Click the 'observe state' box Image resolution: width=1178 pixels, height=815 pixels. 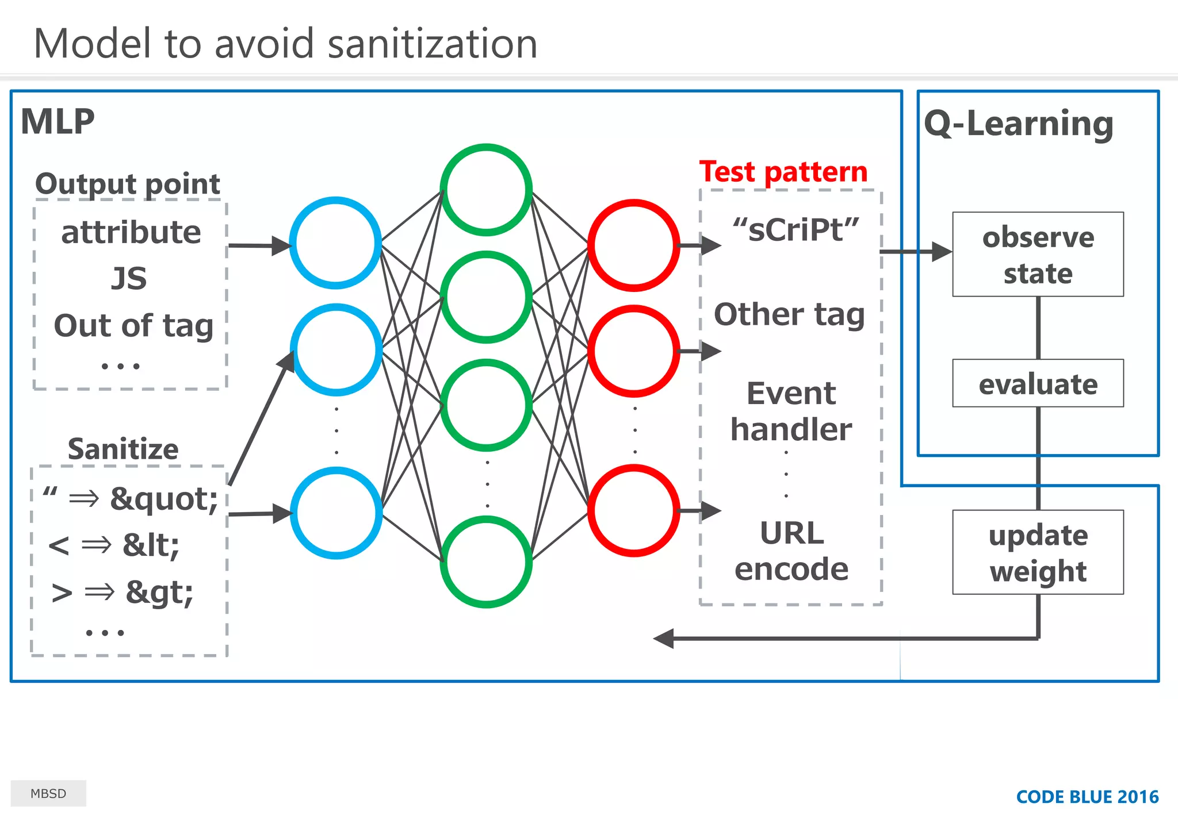1038,255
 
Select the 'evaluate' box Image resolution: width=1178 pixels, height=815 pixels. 1038,383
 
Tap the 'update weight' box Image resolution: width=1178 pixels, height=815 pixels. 1038,552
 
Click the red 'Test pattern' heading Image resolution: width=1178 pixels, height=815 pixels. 783,172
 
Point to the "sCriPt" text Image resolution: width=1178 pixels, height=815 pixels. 796,230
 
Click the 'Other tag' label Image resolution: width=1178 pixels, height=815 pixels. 789,314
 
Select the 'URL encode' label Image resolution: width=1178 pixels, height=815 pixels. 791,551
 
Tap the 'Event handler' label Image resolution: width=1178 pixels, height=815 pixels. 791,412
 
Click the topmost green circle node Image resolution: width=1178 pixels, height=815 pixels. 486,190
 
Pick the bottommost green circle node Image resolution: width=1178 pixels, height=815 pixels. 486,562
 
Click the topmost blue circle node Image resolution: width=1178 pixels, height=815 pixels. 336,243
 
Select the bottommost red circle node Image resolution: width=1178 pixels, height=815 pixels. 634,510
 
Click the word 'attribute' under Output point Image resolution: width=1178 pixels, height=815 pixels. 131,232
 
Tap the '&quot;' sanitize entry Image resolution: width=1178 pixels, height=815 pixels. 164,498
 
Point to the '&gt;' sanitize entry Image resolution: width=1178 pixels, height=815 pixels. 159,592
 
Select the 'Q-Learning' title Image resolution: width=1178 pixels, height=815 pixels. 1019,124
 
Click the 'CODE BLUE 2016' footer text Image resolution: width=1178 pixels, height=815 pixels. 1087,797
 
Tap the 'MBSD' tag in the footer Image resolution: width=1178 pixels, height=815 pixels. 48,793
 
